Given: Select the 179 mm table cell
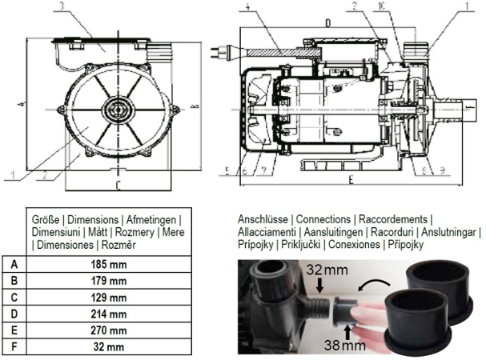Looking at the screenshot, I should coord(107,280).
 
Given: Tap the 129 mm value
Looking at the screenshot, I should coord(107,297).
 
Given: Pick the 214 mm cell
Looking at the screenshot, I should coord(107,314).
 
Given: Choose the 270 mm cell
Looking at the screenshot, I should coord(107,330).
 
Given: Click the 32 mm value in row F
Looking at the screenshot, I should coord(107,347).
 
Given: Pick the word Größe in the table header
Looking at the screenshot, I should coord(46,218).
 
